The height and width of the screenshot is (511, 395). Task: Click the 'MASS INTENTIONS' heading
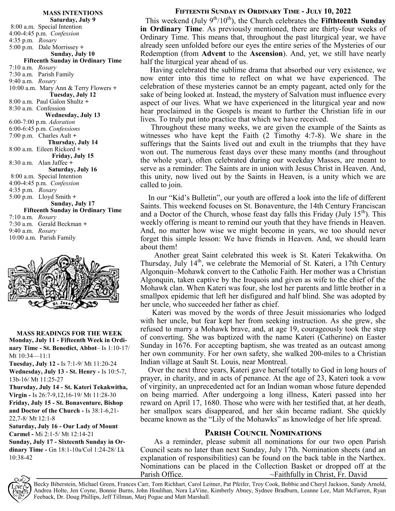pyautogui.click(x=73, y=13)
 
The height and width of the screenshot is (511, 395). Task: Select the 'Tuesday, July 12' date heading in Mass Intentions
pyautogui.click(x=73, y=95)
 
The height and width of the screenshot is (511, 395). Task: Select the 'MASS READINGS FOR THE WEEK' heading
pyautogui.click(x=69, y=334)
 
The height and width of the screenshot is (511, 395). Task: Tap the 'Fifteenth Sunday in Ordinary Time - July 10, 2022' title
pyautogui.click(x=263, y=12)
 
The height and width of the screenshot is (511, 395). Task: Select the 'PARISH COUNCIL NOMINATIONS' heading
pyautogui.click(x=263, y=433)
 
